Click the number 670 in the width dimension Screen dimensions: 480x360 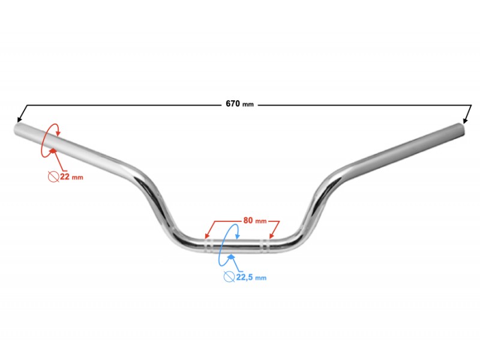233,103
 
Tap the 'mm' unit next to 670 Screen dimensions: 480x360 248,104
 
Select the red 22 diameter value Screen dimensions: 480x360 65,176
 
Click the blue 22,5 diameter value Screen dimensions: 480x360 244,277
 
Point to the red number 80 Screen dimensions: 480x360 248,220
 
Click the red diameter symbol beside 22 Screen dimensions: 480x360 53,176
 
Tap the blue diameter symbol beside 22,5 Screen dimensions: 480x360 229,277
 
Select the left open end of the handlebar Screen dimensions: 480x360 17,129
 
